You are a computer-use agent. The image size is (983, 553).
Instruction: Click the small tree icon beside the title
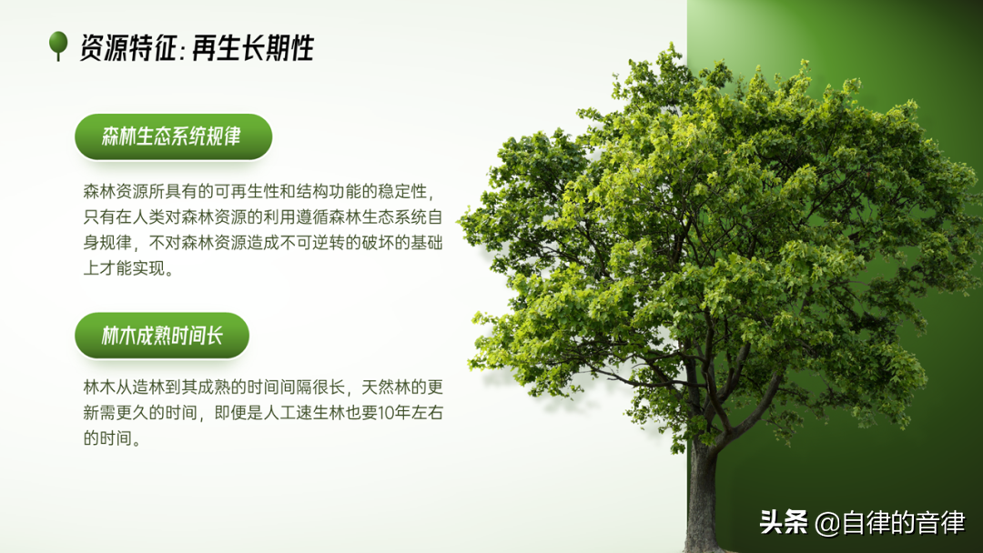click(x=58, y=45)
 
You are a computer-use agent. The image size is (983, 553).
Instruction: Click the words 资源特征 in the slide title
click(x=128, y=48)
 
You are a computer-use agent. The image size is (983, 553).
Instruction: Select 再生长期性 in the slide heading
click(x=253, y=48)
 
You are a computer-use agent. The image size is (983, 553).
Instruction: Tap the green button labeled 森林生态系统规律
click(x=173, y=136)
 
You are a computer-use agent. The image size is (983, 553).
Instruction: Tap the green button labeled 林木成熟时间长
click(x=162, y=336)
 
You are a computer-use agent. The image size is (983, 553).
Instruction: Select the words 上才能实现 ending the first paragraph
click(x=124, y=268)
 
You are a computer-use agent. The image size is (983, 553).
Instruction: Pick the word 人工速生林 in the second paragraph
click(x=305, y=413)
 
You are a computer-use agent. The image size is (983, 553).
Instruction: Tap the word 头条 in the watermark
click(x=784, y=522)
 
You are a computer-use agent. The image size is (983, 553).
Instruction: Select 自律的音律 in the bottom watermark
click(x=904, y=523)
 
